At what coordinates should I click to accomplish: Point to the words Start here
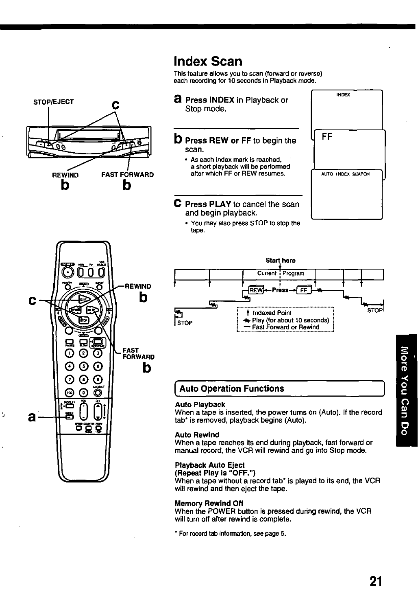280,260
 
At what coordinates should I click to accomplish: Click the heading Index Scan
208,61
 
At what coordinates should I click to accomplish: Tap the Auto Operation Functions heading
231,388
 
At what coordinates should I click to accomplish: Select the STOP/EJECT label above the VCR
53,102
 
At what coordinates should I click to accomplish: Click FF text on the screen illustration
327,137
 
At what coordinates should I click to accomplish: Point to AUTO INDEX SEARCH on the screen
345,174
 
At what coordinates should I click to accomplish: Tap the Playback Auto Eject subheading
210,465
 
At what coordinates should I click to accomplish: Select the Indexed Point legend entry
272,313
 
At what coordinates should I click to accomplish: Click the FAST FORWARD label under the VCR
127,175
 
